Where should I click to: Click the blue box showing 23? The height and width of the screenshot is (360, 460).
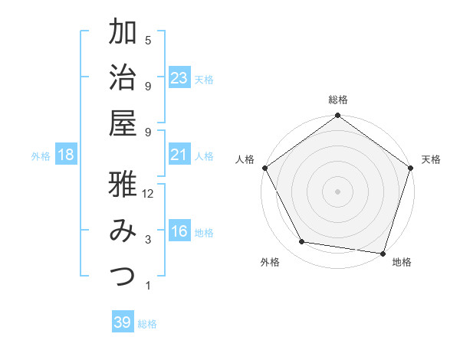point(179,77)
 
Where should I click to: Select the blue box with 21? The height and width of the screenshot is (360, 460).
point(179,155)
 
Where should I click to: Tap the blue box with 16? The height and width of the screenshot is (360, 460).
point(179,232)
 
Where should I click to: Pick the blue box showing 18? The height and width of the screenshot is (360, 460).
point(66,155)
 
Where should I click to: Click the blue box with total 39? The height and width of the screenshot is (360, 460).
point(123,322)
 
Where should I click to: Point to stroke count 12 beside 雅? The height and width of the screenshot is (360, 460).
point(148,195)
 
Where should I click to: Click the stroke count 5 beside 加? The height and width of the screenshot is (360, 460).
point(148,41)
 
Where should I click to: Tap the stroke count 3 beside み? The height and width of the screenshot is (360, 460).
point(148,240)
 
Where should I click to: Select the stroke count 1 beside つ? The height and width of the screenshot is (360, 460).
point(148,286)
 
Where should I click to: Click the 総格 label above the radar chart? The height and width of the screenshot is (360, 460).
point(337,100)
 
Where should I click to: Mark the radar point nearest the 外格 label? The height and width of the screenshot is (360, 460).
point(302,242)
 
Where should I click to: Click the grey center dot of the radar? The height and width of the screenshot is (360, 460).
point(337,191)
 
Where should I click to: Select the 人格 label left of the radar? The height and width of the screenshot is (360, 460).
point(245,159)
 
